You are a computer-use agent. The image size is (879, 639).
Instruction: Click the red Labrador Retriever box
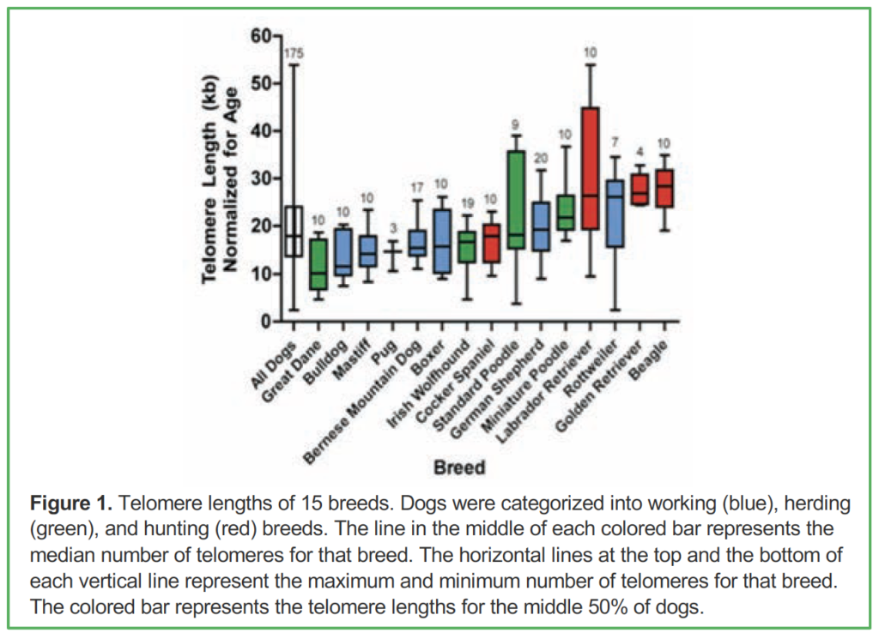pos(591,168)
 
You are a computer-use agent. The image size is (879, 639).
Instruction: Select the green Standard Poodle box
pos(516,200)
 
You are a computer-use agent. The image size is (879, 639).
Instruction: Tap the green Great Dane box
pos(318,264)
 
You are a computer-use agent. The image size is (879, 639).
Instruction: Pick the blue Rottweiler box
pos(615,214)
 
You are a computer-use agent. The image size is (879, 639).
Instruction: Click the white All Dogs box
pos(294,232)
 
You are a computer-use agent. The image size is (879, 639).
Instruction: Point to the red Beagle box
pos(665,188)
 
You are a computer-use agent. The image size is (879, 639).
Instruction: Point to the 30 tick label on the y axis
pos(261,179)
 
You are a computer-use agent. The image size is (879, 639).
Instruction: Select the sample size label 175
pos(294,54)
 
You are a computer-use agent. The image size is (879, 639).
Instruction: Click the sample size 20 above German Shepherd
pos(541,159)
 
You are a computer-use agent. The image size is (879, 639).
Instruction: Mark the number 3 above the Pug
pos(393,228)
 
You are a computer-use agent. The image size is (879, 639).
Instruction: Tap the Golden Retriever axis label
pos(597,387)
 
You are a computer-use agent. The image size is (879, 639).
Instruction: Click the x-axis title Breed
pos(459,467)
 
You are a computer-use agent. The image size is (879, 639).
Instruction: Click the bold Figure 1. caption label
pos(71,503)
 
